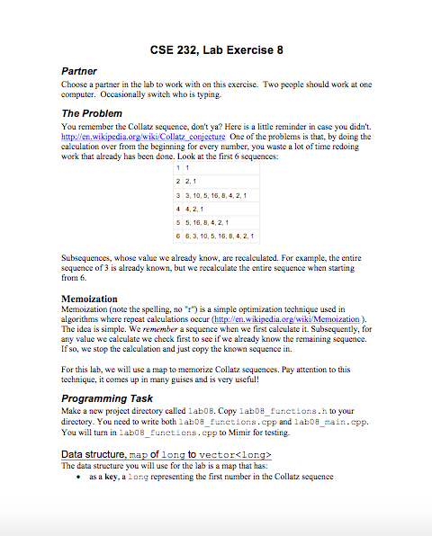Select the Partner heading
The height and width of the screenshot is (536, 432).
[x=78, y=70]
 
